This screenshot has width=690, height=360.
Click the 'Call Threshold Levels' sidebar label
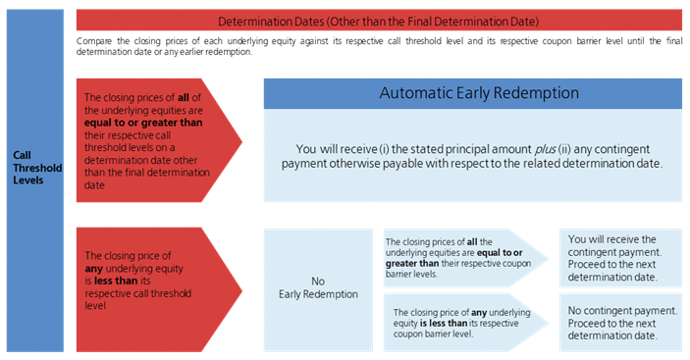coord(37,168)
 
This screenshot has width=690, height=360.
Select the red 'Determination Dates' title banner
coord(379,21)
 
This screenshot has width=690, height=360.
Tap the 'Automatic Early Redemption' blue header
coord(473,93)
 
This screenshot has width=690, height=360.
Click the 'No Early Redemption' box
coord(318,290)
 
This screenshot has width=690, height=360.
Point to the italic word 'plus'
coord(545,149)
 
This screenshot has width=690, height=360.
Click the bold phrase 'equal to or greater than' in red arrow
coord(143,123)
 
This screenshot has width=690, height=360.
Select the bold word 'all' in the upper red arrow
coord(184,97)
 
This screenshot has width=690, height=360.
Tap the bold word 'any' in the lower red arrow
coord(93,269)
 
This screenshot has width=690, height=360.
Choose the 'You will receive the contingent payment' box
coord(620,258)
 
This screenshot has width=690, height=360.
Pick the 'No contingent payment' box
coord(620,323)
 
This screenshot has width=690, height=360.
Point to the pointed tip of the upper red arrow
coord(242,141)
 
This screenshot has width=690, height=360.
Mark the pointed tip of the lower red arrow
coord(242,290)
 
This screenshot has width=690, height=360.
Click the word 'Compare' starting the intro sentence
coord(94,41)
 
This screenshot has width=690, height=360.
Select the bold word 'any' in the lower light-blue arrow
coord(479,313)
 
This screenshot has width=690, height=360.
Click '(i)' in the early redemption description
coord(384,149)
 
